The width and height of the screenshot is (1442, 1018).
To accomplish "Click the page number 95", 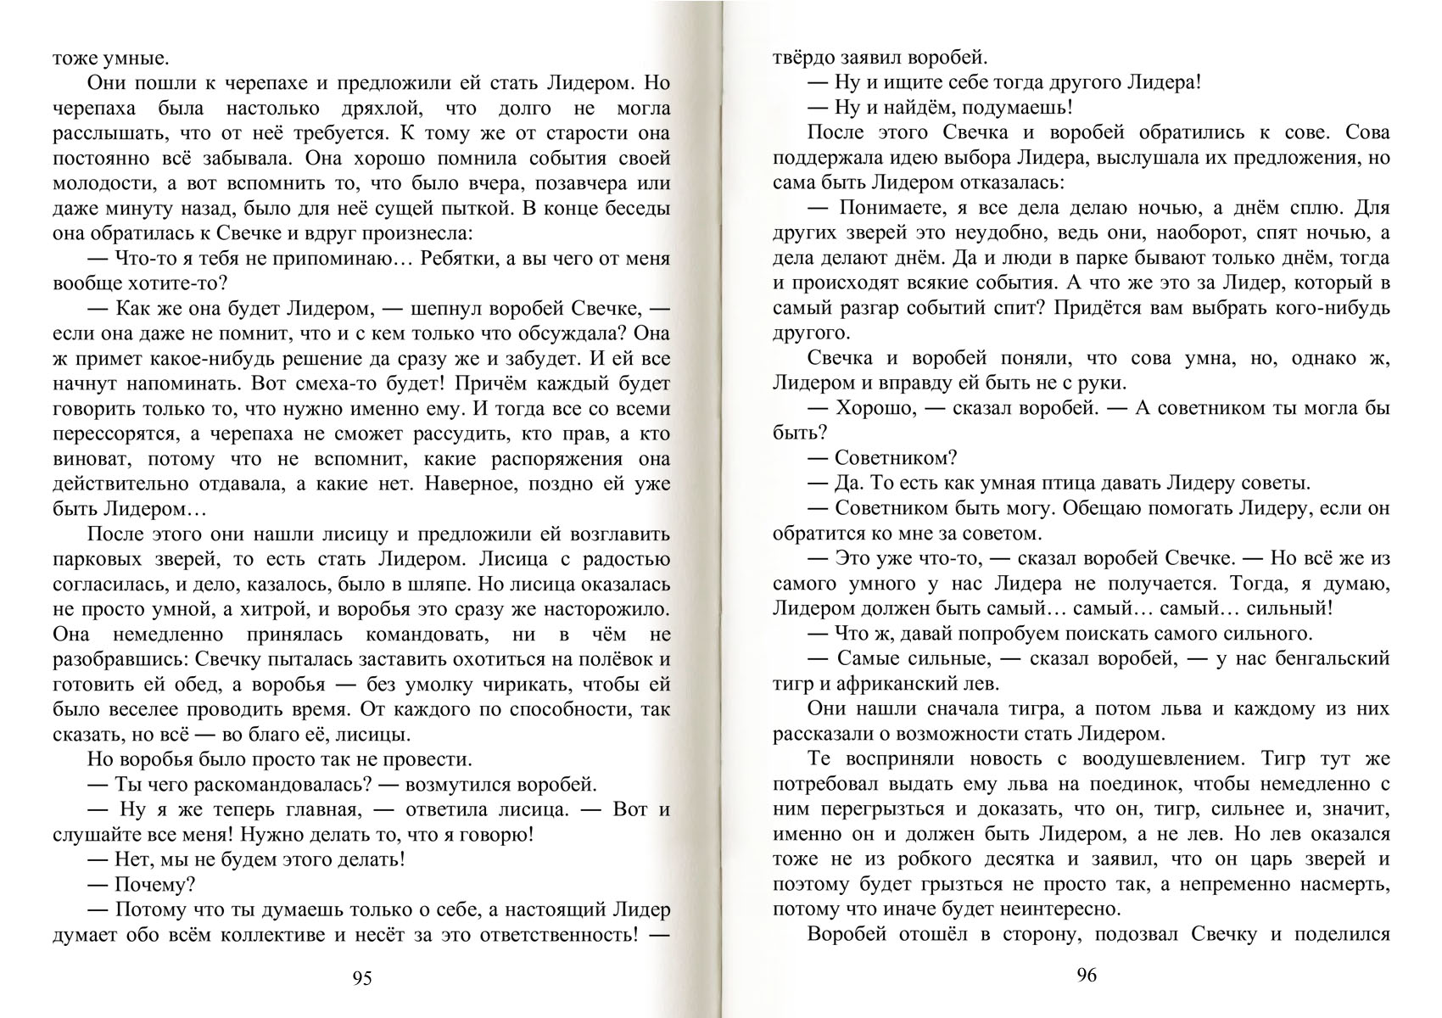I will coord(362,979).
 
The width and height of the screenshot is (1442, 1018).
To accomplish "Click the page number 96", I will coord(1087,976).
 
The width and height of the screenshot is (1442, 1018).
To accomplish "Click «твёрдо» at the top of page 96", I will coord(803,59).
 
